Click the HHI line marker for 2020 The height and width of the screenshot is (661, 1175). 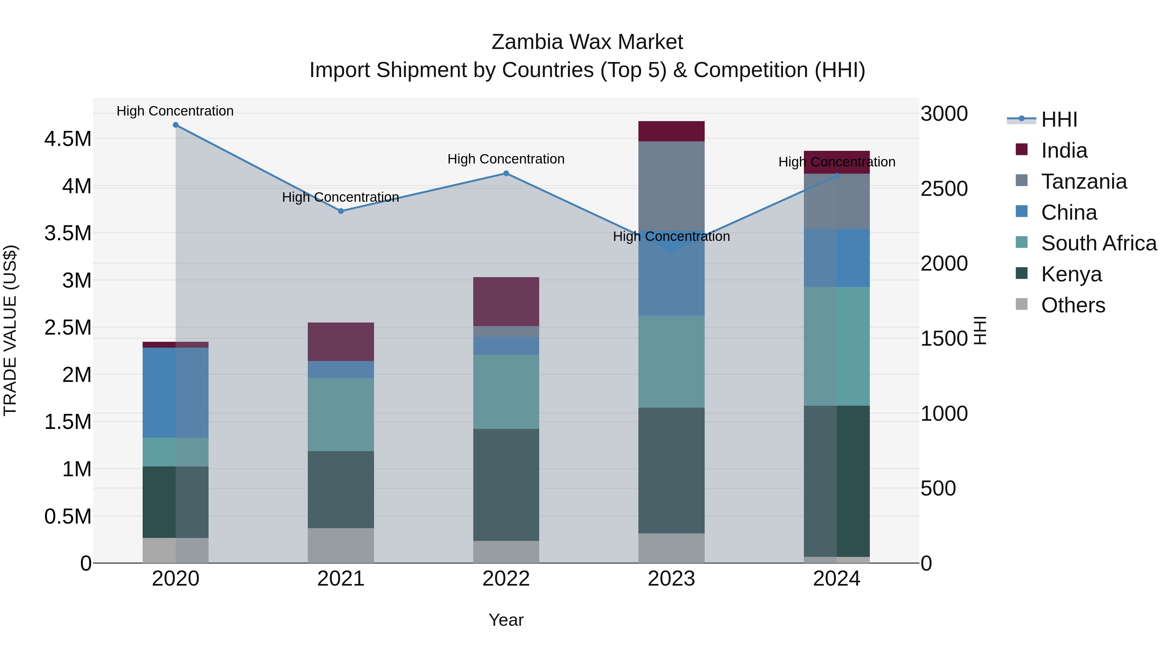pyautogui.click(x=176, y=125)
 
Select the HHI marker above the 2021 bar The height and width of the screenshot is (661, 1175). pyautogui.click(x=341, y=211)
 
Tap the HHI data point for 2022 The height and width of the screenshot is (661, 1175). pyautogui.click(x=506, y=173)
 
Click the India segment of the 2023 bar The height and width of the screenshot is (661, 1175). pyautogui.click(x=671, y=131)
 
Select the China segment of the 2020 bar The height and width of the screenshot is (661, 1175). pyautogui.click(x=176, y=393)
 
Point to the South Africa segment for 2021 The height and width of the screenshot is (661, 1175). pyautogui.click(x=341, y=414)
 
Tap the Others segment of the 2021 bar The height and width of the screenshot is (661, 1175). pyautogui.click(x=341, y=545)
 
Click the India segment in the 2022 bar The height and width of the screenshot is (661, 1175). pyautogui.click(x=506, y=302)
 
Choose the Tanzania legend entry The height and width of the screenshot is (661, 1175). pyautogui.click(x=1084, y=181)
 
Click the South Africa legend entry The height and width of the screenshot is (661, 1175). pyautogui.click(x=1098, y=243)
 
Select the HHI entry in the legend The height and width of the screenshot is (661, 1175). pyautogui.click(x=1059, y=119)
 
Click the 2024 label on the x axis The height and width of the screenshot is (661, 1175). pyautogui.click(x=836, y=579)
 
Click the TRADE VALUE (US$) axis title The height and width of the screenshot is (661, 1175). pyautogui.click(x=10, y=330)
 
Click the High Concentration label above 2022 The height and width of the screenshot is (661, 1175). pyautogui.click(x=506, y=159)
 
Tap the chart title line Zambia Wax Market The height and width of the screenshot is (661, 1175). pyautogui.click(x=587, y=42)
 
